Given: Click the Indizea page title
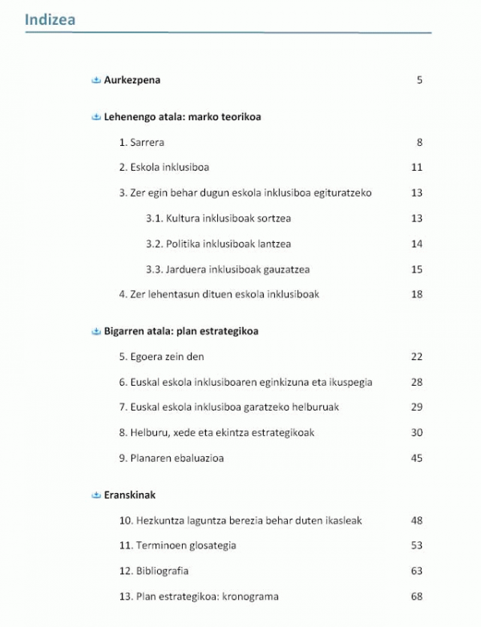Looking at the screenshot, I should click(50, 19).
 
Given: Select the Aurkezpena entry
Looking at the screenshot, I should click(132, 80).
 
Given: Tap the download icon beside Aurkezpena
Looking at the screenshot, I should click(96, 80).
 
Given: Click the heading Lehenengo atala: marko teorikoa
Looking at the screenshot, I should click(182, 117).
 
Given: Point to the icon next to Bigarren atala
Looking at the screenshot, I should click(96, 331).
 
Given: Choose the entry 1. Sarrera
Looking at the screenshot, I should click(142, 143).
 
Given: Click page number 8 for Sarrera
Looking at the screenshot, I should click(418, 143).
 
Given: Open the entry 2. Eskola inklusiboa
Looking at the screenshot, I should click(164, 168).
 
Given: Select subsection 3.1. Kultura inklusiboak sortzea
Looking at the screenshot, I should click(218, 219).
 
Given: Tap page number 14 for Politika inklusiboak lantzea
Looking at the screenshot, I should click(416, 245).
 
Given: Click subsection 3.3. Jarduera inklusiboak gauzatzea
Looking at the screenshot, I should click(228, 269).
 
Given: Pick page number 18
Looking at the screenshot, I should click(416, 294).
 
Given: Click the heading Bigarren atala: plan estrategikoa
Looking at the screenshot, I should click(181, 331).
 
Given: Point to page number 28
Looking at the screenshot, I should click(416, 382).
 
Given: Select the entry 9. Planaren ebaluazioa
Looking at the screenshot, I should click(171, 459).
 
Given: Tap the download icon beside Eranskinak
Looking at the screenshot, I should click(96, 496).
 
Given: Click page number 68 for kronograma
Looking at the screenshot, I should click(416, 597).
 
